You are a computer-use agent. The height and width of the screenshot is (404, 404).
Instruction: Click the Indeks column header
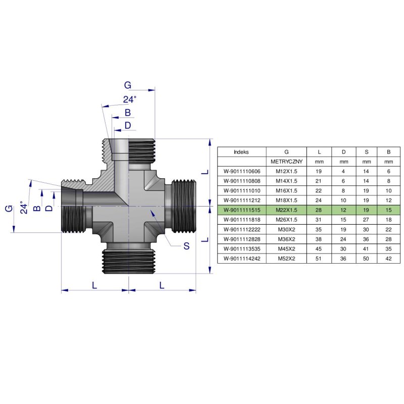pyautogui.click(x=241, y=151)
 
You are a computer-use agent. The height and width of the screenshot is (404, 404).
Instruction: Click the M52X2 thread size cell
pyautogui.click(x=286, y=258)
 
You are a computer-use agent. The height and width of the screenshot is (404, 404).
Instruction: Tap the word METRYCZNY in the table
pyautogui.click(x=286, y=161)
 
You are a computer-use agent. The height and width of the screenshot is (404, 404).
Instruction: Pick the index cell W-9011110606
pyautogui.click(x=241, y=171)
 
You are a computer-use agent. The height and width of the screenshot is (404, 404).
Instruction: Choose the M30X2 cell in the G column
pyautogui.click(x=286, y=229)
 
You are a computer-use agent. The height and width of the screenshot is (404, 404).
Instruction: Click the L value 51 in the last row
pyautogui.click(x=319, y=258)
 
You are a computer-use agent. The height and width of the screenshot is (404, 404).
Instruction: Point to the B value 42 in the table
pyautogui.click(x=388, y=258)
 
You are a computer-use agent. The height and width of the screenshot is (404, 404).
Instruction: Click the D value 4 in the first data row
pyautogui.click(x=343, y=171)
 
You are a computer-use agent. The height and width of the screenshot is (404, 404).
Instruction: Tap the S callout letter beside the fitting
pyautogui.click(x=186, y=246)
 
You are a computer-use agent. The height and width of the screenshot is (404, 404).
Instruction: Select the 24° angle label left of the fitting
pyautogui.click(x=22, y=207)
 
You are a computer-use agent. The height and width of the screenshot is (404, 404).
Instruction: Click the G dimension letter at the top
pyautogui.click(x=128, y=85)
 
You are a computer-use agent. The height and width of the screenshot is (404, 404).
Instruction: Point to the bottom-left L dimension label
pyautogui.click(x=94, y=285)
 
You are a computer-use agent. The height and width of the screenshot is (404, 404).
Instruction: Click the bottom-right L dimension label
pyautogui.click(x=162, y=285)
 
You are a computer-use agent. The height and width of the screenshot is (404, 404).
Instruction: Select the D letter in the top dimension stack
pyautogui.click(x=128, y=125)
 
